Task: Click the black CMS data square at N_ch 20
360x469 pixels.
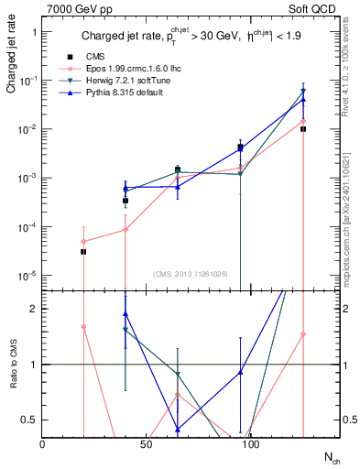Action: [83, 251]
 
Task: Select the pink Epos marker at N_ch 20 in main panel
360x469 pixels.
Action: [83, 241]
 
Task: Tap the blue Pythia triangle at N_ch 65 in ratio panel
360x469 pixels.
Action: [177, 429]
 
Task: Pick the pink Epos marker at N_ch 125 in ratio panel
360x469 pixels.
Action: [302, 334]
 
